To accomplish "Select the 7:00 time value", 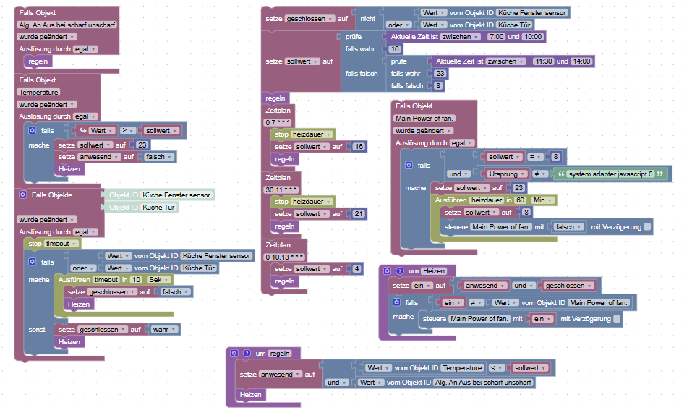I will [x=496, y=36].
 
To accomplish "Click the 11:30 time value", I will [x=542, y=61].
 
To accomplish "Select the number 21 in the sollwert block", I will [x=359, y=213].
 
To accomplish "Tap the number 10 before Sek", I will [x=135, y=280].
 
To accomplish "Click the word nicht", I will [x=368, y=19].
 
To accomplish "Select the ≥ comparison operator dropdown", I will [x=127, y=131].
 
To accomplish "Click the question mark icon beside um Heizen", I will [x=399, y=270].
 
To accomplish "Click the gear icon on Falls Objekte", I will [x=22, y=195].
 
